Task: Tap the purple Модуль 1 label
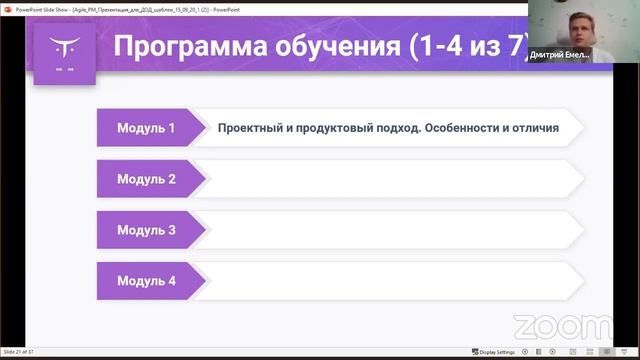pyautogui.click(x=146, y=128)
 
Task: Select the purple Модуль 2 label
pyautogui.click(x=146, y=179)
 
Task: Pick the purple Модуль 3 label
pyautogui.click(x=146, y=230)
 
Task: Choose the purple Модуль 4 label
pyautogui.click(x=146, y=281)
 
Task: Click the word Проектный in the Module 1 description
pyautogui.click(x=252, y=128)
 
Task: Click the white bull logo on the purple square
pyautogui.click(x=64, y=45)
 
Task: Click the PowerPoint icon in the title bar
pyautogui.click(x=6, y=5)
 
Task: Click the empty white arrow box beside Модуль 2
pyautogui.click(x=390, y=179)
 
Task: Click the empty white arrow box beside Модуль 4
pyautogui.click(x=390, y=281)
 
